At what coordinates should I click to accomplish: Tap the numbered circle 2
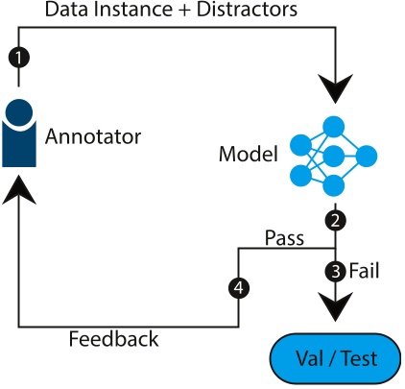pyautogui.click(x=334, y=221)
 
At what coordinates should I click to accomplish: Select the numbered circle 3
pyautogui.click(x=334, y=271)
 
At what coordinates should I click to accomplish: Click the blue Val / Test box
pyautogui.click(x=333, y=359)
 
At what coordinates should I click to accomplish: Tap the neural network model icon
pyautogui.click(x=332, y=155)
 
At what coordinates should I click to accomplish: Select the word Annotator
pyautogui.click(x=93, y=135)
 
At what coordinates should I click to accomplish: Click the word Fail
pyautogui.click(x=364, y=270)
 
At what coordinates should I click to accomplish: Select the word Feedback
pyautogui.click(x=113, y=338)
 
